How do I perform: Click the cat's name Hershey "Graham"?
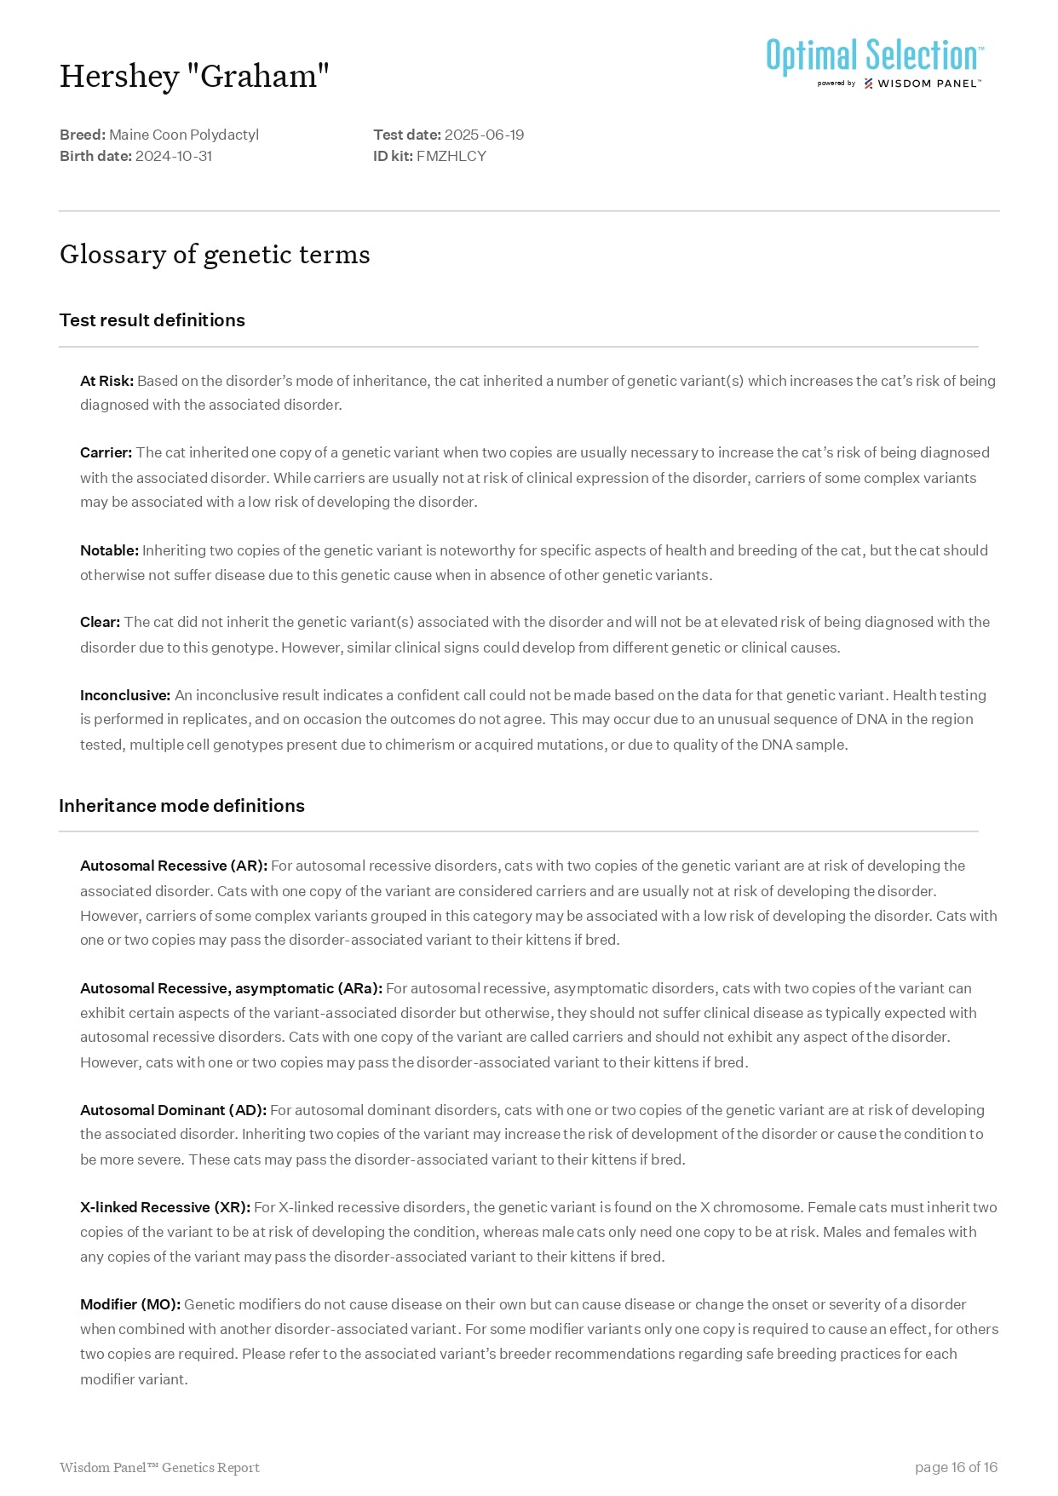[194, 77]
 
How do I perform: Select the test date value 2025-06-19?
[484, 135]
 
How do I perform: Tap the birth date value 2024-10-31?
[174, 156]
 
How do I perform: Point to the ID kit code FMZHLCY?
[451, 156]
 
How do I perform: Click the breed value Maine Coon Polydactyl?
[184, 135]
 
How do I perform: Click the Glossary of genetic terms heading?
[215, 255]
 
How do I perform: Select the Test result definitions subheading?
[152, 320]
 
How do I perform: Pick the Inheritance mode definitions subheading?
[181, 806]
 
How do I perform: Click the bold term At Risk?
[106, 381]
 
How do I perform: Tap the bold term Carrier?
[106, 452]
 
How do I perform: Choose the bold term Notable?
[109, 550]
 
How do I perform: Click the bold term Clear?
[100, 622]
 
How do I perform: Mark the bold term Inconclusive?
[125, 695]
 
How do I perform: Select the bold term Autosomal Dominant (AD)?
[173, 1110]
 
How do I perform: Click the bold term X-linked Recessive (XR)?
[164, 1207]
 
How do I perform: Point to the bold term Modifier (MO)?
[130, 1304]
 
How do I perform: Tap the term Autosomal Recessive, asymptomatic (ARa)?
[231, 988]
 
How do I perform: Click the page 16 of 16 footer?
[956, 1467]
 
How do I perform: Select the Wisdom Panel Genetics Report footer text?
[159, 1467]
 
